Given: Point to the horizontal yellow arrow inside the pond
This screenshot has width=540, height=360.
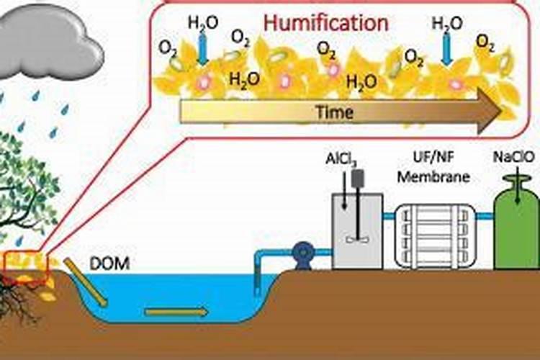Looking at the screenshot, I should [176, 312].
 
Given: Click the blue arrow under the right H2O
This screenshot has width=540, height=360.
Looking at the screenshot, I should [446, 50].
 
